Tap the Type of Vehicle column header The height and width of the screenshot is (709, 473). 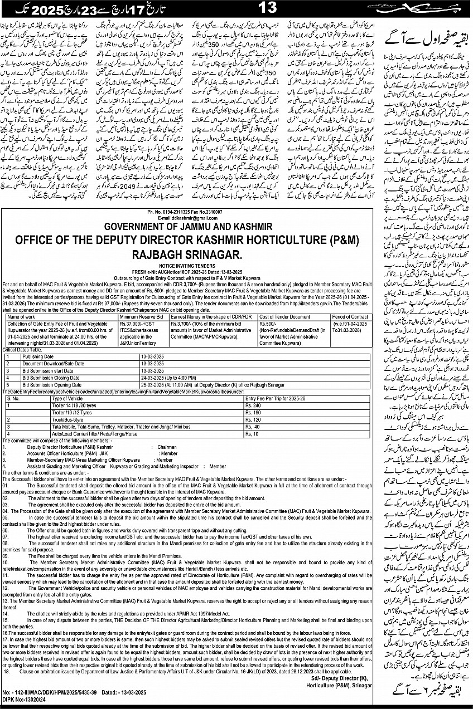pos(67,399)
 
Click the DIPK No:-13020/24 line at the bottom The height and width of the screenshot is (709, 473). pos(26,704)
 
